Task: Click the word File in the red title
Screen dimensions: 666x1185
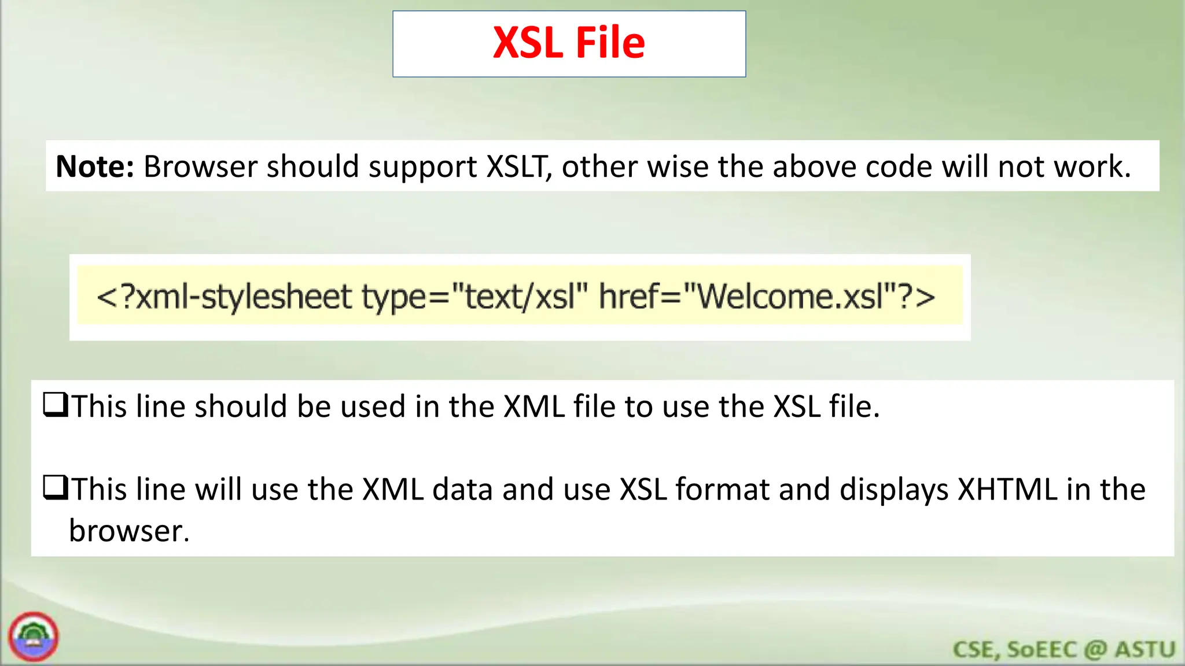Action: [x=610, y=43]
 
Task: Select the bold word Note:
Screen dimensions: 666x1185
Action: [x=95, y=166]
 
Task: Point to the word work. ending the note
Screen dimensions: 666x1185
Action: [x=1092, y=166]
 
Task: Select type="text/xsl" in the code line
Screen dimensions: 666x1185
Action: [x=474, y=297]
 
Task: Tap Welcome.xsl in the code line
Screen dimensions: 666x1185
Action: [x=790, y=297]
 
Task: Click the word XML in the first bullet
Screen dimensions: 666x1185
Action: [x=533, y=406]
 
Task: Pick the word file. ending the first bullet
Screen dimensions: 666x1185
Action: [x=854, y=406]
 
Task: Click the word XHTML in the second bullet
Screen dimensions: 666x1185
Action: [x=1007, y=490]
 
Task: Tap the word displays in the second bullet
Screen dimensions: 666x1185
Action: [x=894, y=490]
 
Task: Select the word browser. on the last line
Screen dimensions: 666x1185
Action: [x=129, y=531]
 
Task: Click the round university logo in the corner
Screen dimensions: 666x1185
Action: [x=34, y=637]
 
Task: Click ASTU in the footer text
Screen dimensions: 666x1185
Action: [x=1145, y=649]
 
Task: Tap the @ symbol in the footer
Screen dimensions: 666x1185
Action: [x=1095, y=649]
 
